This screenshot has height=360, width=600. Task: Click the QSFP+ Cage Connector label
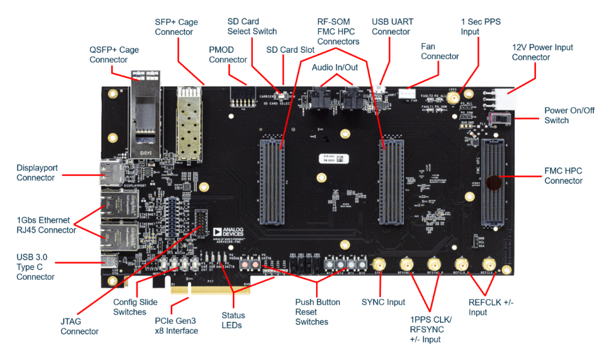coord(114,55)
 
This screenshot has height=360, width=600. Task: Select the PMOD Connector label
coord(228,55)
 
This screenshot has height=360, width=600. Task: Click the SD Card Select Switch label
coord(252,27)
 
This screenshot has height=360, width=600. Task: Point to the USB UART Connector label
coord(391,27)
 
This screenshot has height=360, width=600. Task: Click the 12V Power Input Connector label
coord(542,52)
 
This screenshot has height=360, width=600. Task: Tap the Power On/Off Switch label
coord(570,115)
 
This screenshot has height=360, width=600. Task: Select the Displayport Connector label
coord(36,173)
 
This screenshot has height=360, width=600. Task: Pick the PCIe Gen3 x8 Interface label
coord(177,326)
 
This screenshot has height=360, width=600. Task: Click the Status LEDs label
coord(233,321)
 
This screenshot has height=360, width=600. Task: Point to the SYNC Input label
coord(383,302)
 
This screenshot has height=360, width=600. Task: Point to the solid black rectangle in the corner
coord(552,341)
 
